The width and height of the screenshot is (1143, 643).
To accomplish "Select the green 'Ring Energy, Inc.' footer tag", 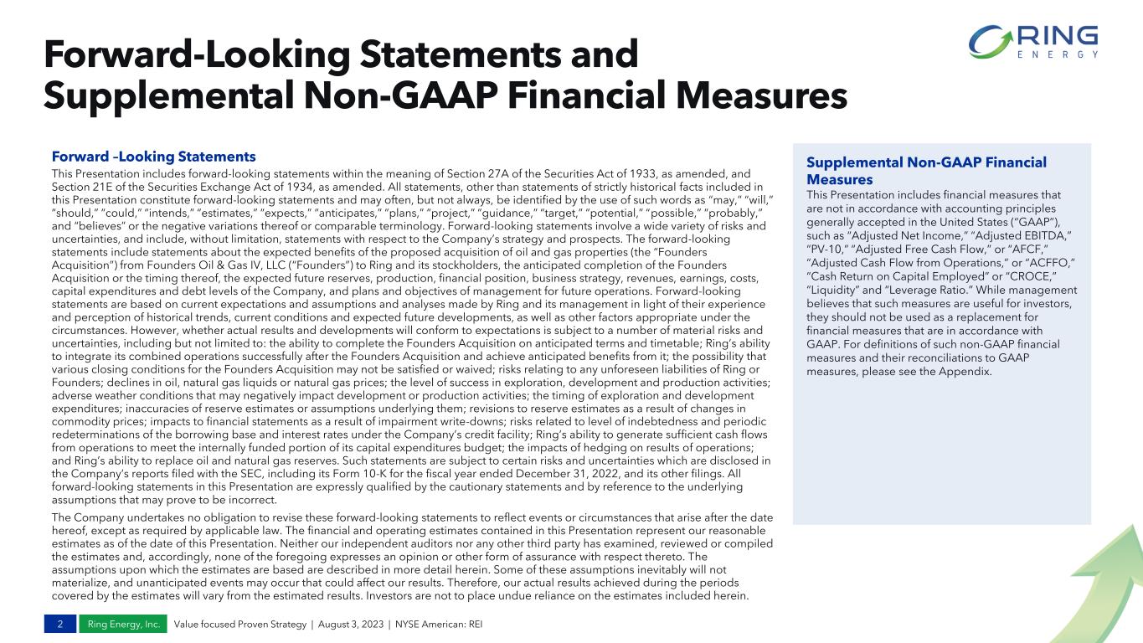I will pyautogui.click(x=124, y=625).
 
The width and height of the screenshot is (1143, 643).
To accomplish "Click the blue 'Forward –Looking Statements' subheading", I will pyautogui.click(x=153, y=157).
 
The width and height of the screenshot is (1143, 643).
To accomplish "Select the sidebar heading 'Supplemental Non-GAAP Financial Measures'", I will pyautogui.click(x=926, y=171).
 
